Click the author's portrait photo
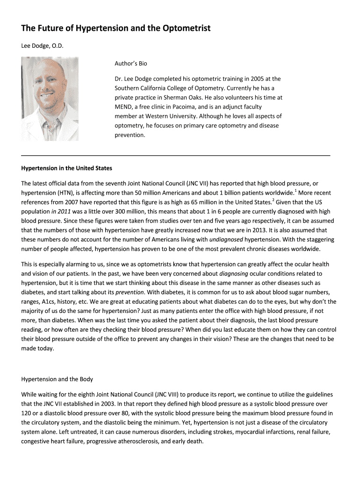click(50, 99)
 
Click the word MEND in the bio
click(123, 107)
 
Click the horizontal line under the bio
click(176, 154)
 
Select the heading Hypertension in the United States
click(66, 168)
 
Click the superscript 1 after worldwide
click(295, 190)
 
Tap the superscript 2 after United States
click(273, 200)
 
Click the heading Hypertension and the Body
click(57, 379)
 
